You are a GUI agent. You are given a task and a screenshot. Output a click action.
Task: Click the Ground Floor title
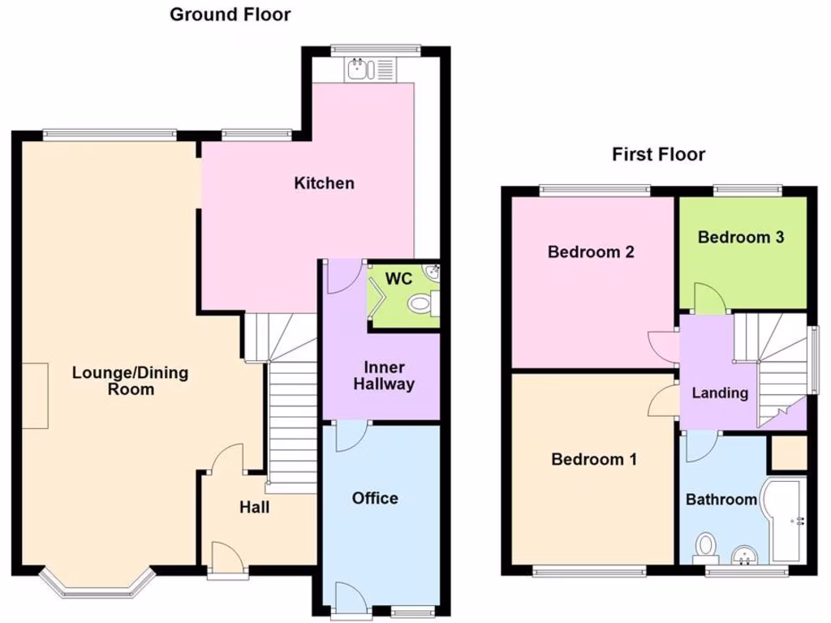click(x=230, y=15)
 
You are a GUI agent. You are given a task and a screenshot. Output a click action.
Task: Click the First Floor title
click(x=658, y=154)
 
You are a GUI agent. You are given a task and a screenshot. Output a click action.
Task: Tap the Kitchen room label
click(x=324, y=183)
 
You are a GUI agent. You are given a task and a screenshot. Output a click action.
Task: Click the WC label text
click(x=398, y=279)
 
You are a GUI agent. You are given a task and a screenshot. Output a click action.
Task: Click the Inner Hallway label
click(x=384, y=376)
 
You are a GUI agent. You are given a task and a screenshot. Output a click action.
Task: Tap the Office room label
click(x=375, y=498)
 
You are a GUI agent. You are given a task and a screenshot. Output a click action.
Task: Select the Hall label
click(x=254, y=508)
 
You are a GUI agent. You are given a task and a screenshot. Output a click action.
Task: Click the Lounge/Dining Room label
click(x=130, y=381)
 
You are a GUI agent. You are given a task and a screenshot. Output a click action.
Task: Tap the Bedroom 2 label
click(x=591, y=251)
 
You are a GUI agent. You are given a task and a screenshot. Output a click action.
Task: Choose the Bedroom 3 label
click(x=741, y=238)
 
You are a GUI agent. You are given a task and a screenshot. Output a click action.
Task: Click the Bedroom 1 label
click(x=594, y=460)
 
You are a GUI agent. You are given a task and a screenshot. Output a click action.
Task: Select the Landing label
click(x=720, y=393)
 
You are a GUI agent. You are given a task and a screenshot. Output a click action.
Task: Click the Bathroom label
click(x=721, y=500)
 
